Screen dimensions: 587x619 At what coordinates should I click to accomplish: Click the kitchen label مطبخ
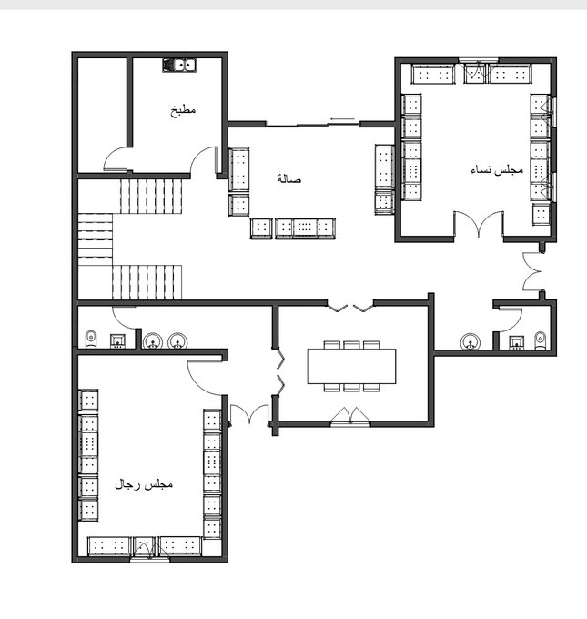183,110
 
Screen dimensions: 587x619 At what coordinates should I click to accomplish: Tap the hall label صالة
289,178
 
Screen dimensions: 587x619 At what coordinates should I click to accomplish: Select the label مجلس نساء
497,169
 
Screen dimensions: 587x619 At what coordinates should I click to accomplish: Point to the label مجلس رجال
144,484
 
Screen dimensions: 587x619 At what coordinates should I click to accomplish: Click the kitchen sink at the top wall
179,66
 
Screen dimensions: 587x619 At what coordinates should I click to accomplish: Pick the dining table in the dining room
351,366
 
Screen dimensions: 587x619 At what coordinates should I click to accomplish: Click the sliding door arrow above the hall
343,119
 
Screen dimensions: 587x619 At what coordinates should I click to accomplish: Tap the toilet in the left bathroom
91,340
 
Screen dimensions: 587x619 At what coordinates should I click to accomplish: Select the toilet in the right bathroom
541,340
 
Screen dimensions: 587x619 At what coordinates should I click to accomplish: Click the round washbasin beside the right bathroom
471,342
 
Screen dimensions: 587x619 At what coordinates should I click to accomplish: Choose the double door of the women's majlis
479,225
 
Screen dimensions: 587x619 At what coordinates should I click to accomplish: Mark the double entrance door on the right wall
533,271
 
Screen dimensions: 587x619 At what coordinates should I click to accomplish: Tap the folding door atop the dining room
350,306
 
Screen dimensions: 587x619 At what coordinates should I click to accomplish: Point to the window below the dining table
350,424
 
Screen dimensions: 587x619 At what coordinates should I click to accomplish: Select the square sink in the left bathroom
117,341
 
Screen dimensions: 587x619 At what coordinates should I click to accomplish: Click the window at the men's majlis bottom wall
150,559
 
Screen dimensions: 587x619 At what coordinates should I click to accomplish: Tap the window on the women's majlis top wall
479,60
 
